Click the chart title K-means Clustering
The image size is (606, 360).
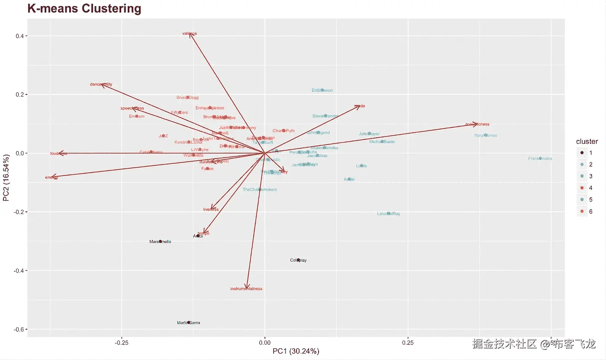click(x=84, y=9)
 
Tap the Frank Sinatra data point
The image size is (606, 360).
click(x=540, y=159)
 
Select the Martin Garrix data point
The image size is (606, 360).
click(x=189, y=323)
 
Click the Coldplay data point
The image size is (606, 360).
click(x=298, y=260)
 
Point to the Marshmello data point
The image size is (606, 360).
click(x=161, y=241)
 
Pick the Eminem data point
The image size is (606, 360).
click(x=137, y=116)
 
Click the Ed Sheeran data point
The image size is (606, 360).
click(x=322, y=90)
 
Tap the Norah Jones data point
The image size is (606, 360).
click(x=486, y=135)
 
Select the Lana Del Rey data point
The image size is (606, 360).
click(x=389, y=214)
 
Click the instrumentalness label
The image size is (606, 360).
click(x=246, y=289)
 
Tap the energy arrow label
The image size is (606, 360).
click(x=51, y=177)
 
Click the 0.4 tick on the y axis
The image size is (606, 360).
click(x=19, y=36)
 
